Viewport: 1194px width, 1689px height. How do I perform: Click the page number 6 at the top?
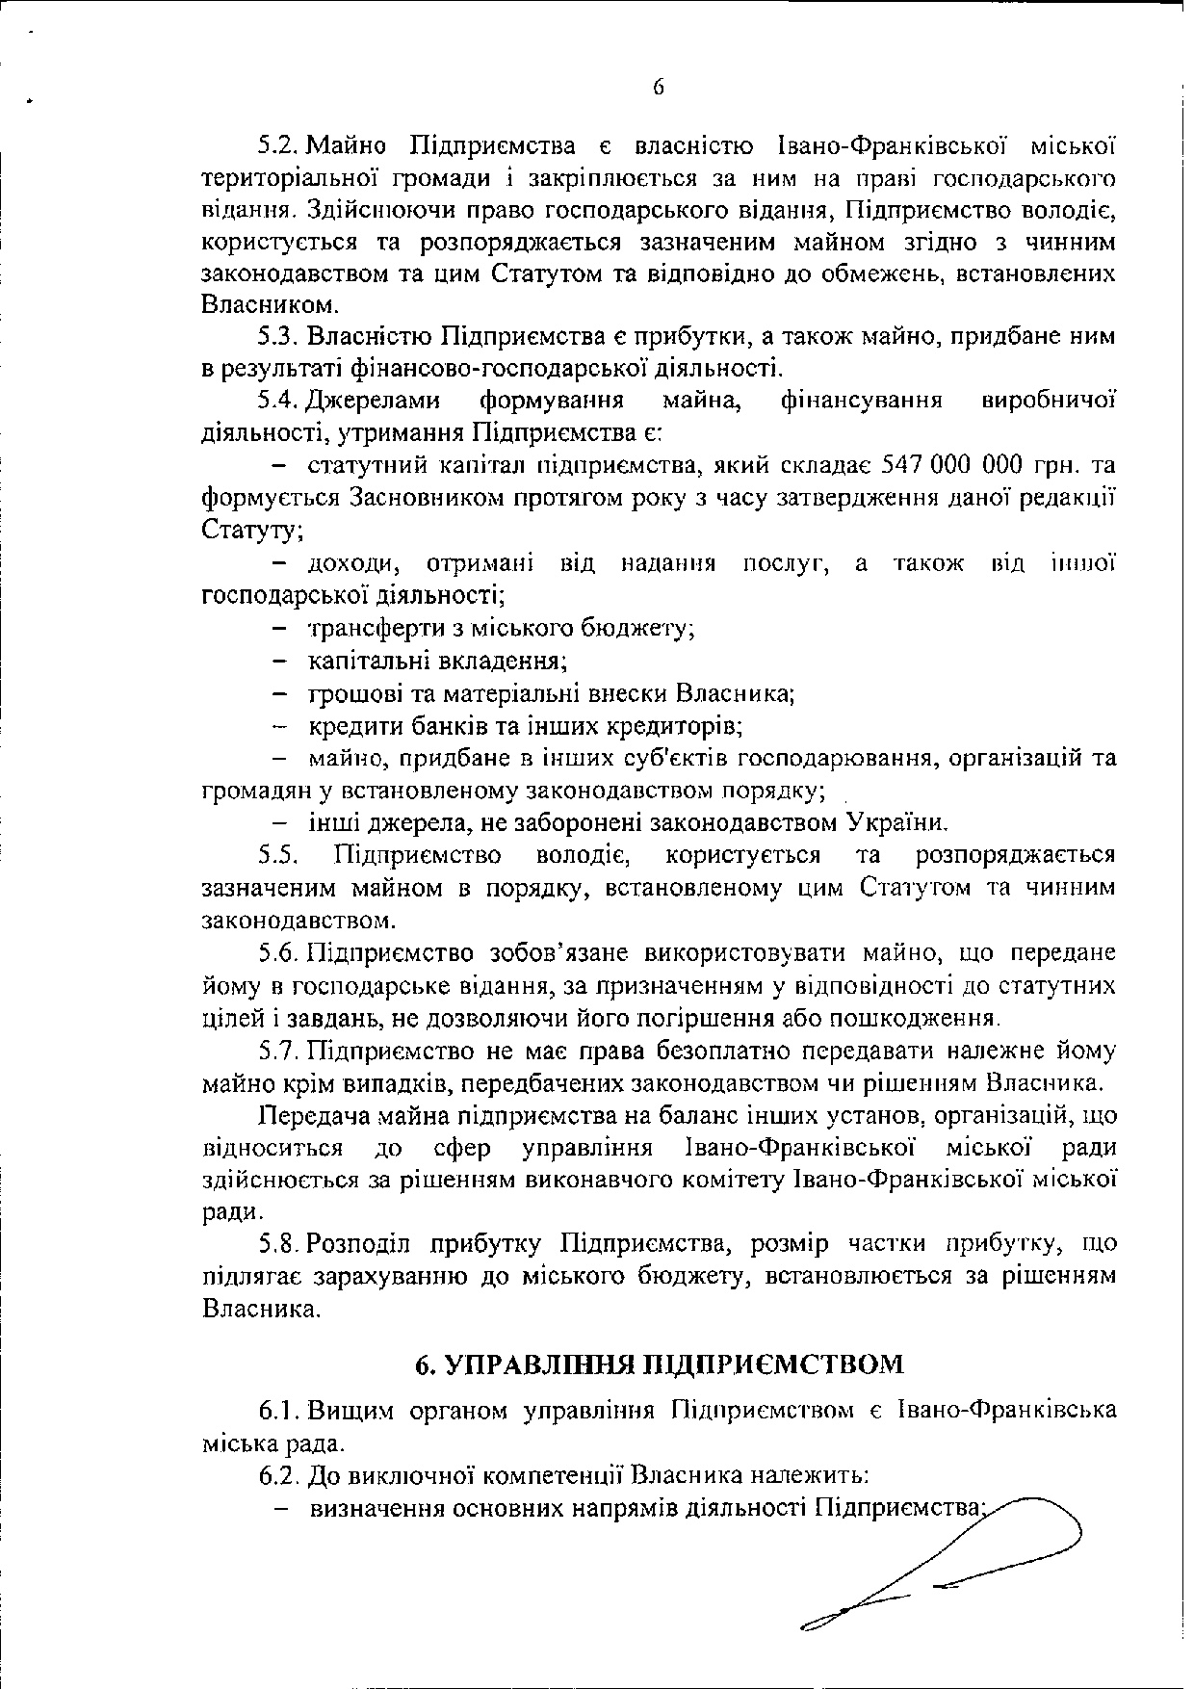pos(659,87)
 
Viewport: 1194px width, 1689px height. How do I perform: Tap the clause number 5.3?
pos(280,337)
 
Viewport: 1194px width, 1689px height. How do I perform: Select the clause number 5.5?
pos(280,855)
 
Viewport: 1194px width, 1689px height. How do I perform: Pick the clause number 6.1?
pos(280,1412)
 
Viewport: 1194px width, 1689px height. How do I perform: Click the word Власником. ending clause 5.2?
pos(271,306)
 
